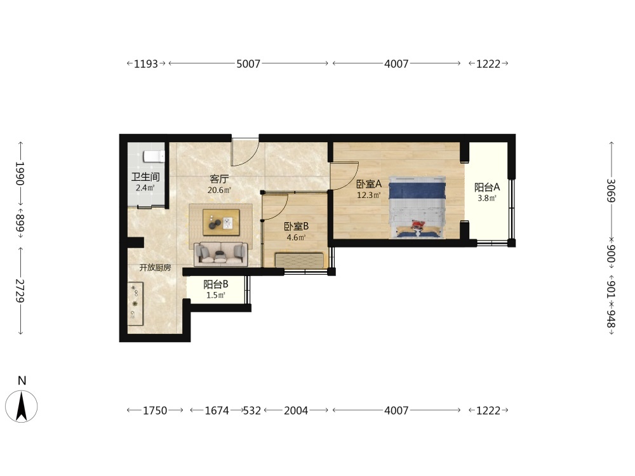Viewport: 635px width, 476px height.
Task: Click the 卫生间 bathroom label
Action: [x=145, y=177]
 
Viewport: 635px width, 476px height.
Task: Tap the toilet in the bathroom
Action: [x=154, y=156]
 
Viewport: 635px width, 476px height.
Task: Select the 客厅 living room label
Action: [x=219, y=179]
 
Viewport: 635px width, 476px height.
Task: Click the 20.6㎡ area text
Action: [x=219, y=190]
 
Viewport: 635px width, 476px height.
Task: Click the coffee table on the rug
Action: [x=221, y=222]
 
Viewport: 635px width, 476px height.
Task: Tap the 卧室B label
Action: [x=296, y=227]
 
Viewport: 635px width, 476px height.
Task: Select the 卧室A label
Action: [x=368, y=184]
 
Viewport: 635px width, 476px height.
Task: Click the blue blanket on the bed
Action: [x=417, y=190]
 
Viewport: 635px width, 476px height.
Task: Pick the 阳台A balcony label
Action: [x=487, y=187]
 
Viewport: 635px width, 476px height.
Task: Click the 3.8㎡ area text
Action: [x=487, y=198]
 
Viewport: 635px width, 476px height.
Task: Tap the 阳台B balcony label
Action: [x=215, y=284]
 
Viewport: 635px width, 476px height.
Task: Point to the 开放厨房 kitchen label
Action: [x=155, y=268]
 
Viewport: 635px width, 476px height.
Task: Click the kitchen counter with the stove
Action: [x=135, y=303]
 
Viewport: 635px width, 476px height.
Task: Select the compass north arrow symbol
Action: [x=22, y=406]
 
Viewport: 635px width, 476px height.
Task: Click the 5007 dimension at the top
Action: [x=248, y=63]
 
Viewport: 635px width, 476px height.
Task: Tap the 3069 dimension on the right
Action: [x=611, y=190]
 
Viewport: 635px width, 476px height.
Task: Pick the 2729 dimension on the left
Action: [x=20, y=291]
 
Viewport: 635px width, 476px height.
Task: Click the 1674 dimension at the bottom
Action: [x=217, y=411]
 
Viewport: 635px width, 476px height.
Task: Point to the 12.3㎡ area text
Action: [x=368, y=195]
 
